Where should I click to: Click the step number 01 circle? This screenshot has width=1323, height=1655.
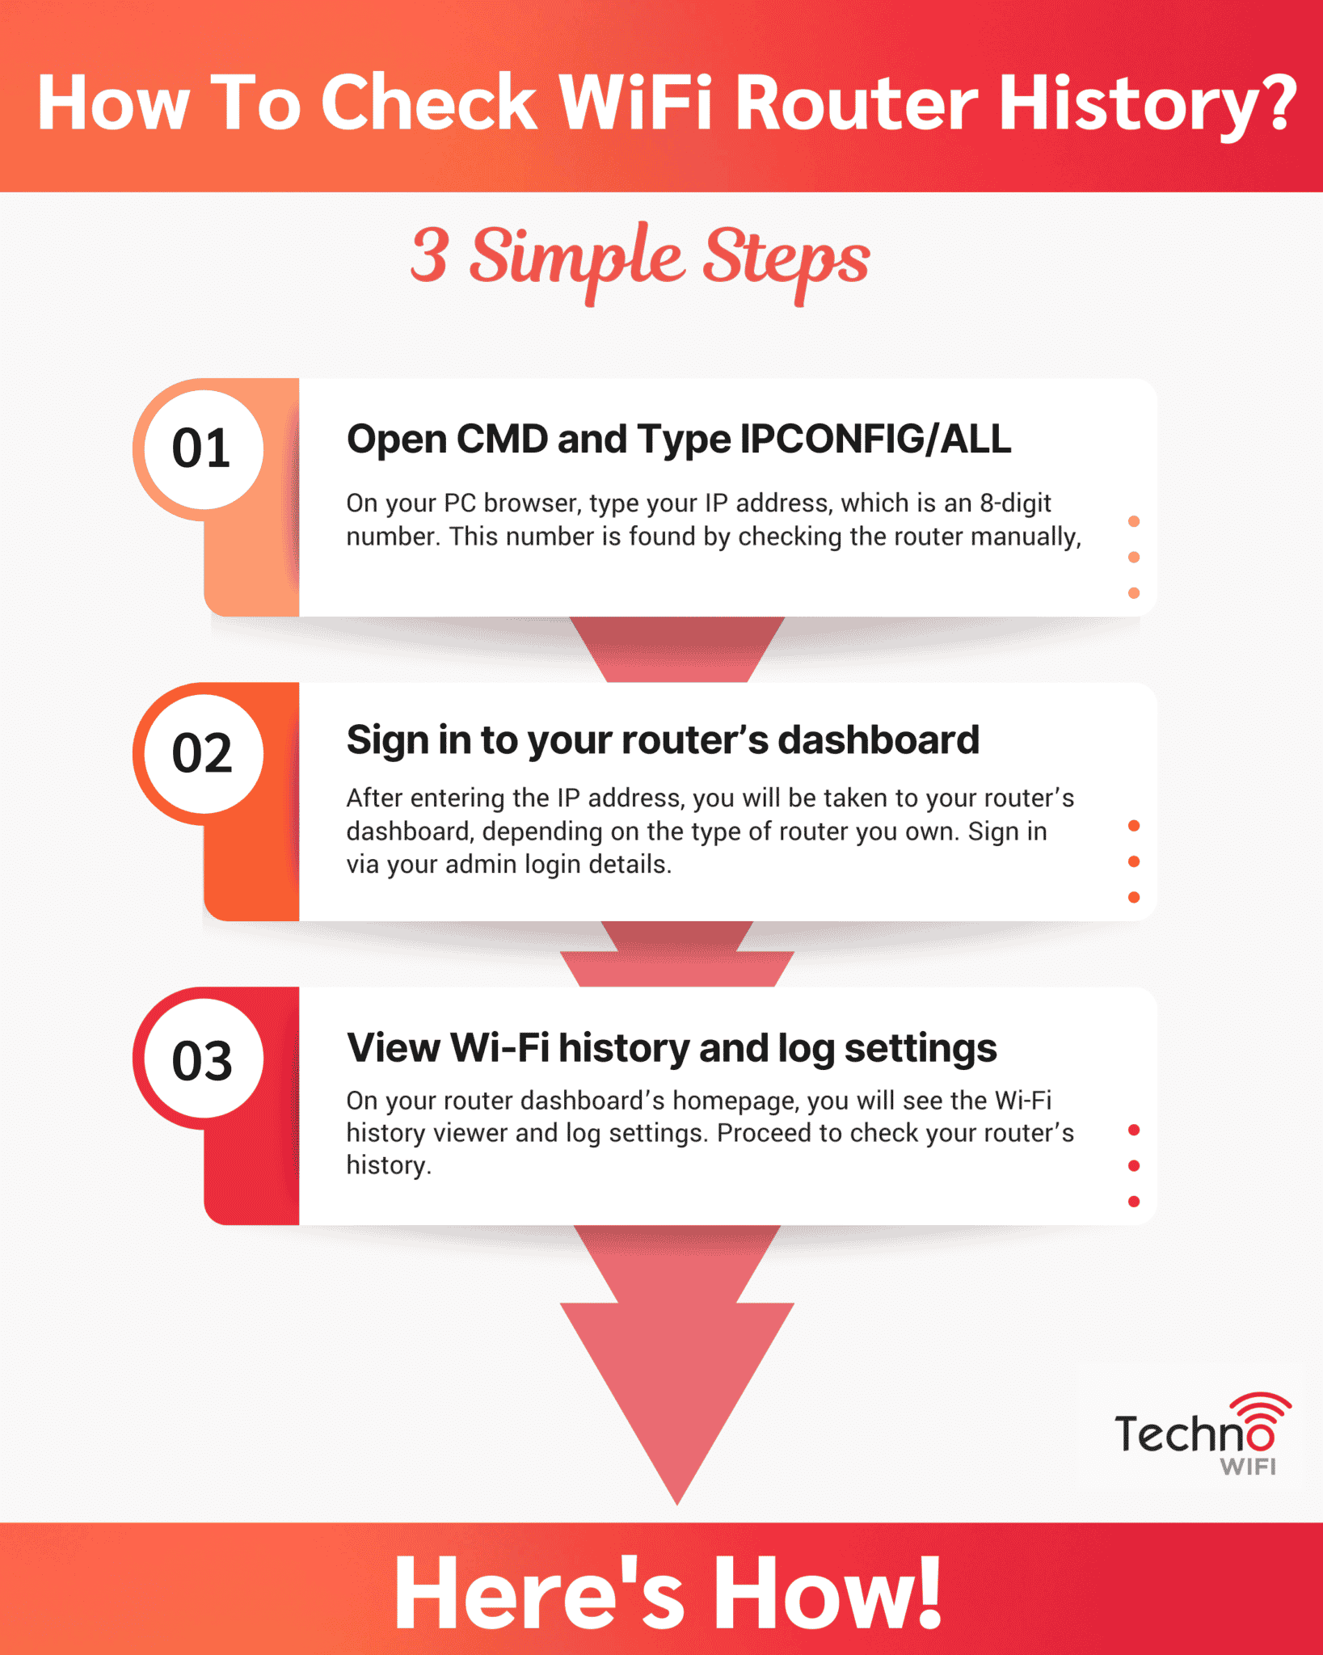[202, 448]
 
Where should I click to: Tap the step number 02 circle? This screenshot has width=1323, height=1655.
[202, 753]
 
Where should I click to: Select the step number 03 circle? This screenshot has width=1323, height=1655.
[202, 1059]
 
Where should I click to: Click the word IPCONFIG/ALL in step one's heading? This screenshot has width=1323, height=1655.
[875, 440]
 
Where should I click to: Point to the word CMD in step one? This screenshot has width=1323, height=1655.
[502, 440]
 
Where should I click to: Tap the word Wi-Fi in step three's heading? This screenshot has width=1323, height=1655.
[499, 1048]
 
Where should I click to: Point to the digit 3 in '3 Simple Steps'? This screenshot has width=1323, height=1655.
[429, 255]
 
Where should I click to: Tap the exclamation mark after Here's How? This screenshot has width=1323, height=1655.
[929, 1592]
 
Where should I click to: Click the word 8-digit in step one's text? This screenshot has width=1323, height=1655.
[1015, 503]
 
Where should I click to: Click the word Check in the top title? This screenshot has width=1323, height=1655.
[429, 103]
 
